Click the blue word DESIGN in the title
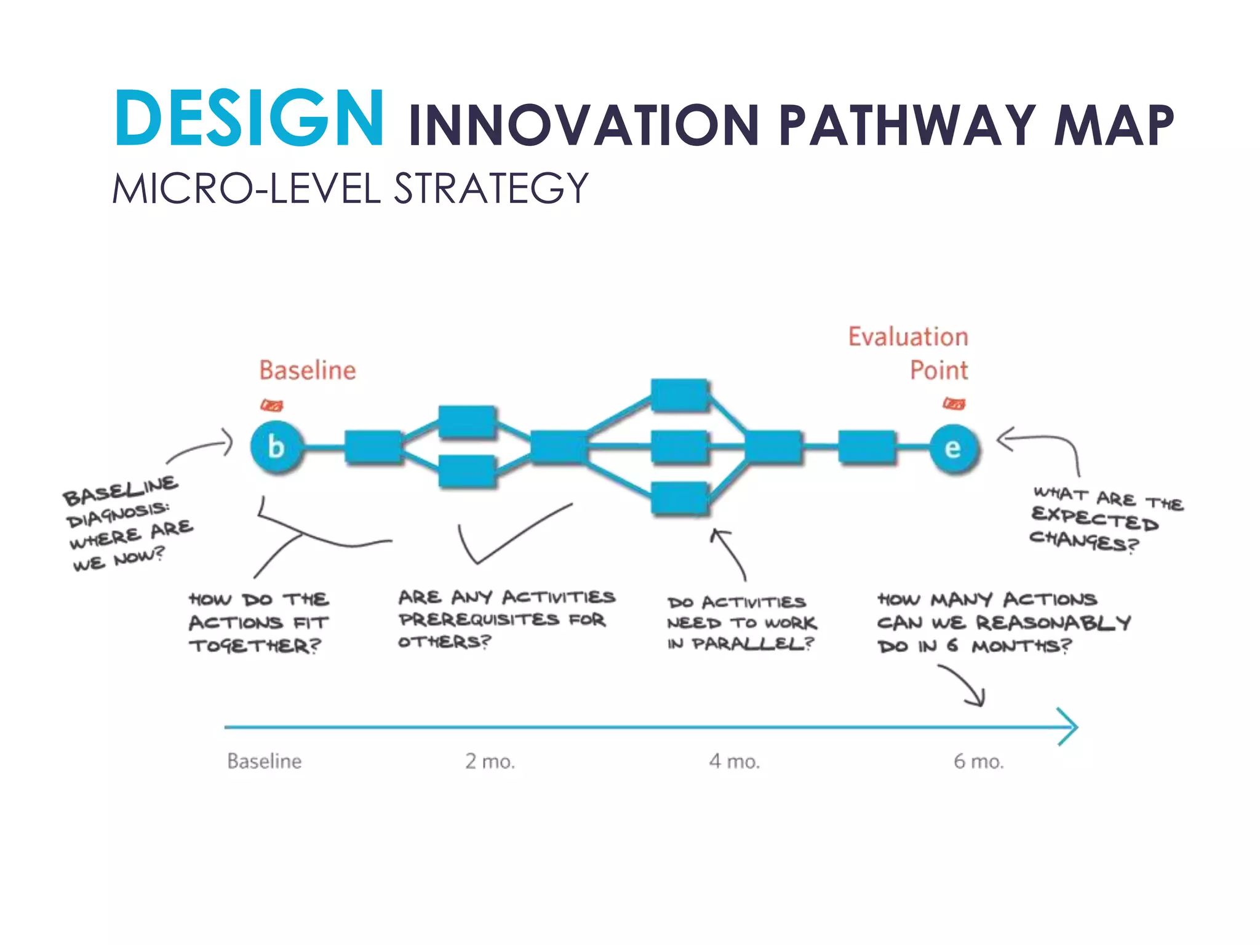click(x=249, y=119)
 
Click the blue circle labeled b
click(x=276, y=447)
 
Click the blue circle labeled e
click(x=953, y=449)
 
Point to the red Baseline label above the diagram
click(x=307, y=370)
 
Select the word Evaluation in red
click(x=908, y=337)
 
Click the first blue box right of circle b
click(x=372, y=447)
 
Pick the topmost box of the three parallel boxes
click(x=679, y=395)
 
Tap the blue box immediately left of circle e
click(x=867, y=447)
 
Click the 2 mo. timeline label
click(x=490, y=762)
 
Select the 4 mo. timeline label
click(x=734, y=762)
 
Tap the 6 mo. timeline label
click(x=978, y=762)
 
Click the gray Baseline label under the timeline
click(x=265, y=762)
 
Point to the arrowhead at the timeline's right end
click(x=1071, y=727)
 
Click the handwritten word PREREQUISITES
click(x=479, y=620)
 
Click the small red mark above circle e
click(x=954, y=404)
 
